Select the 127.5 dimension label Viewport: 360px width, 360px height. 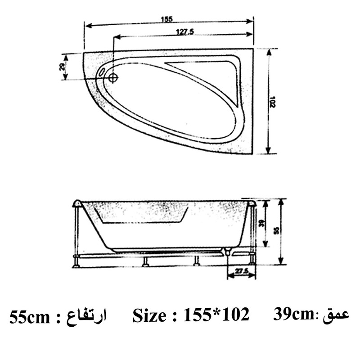(x=185, y=32)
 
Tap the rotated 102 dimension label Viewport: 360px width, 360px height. (x=273, y=101)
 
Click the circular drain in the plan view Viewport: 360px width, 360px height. (x=112, y=78)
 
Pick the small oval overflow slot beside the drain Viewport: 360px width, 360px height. (x=102, y=72)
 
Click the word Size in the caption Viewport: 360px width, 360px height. (x=148, y=315)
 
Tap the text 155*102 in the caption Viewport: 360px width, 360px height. (x=216, y=315)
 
